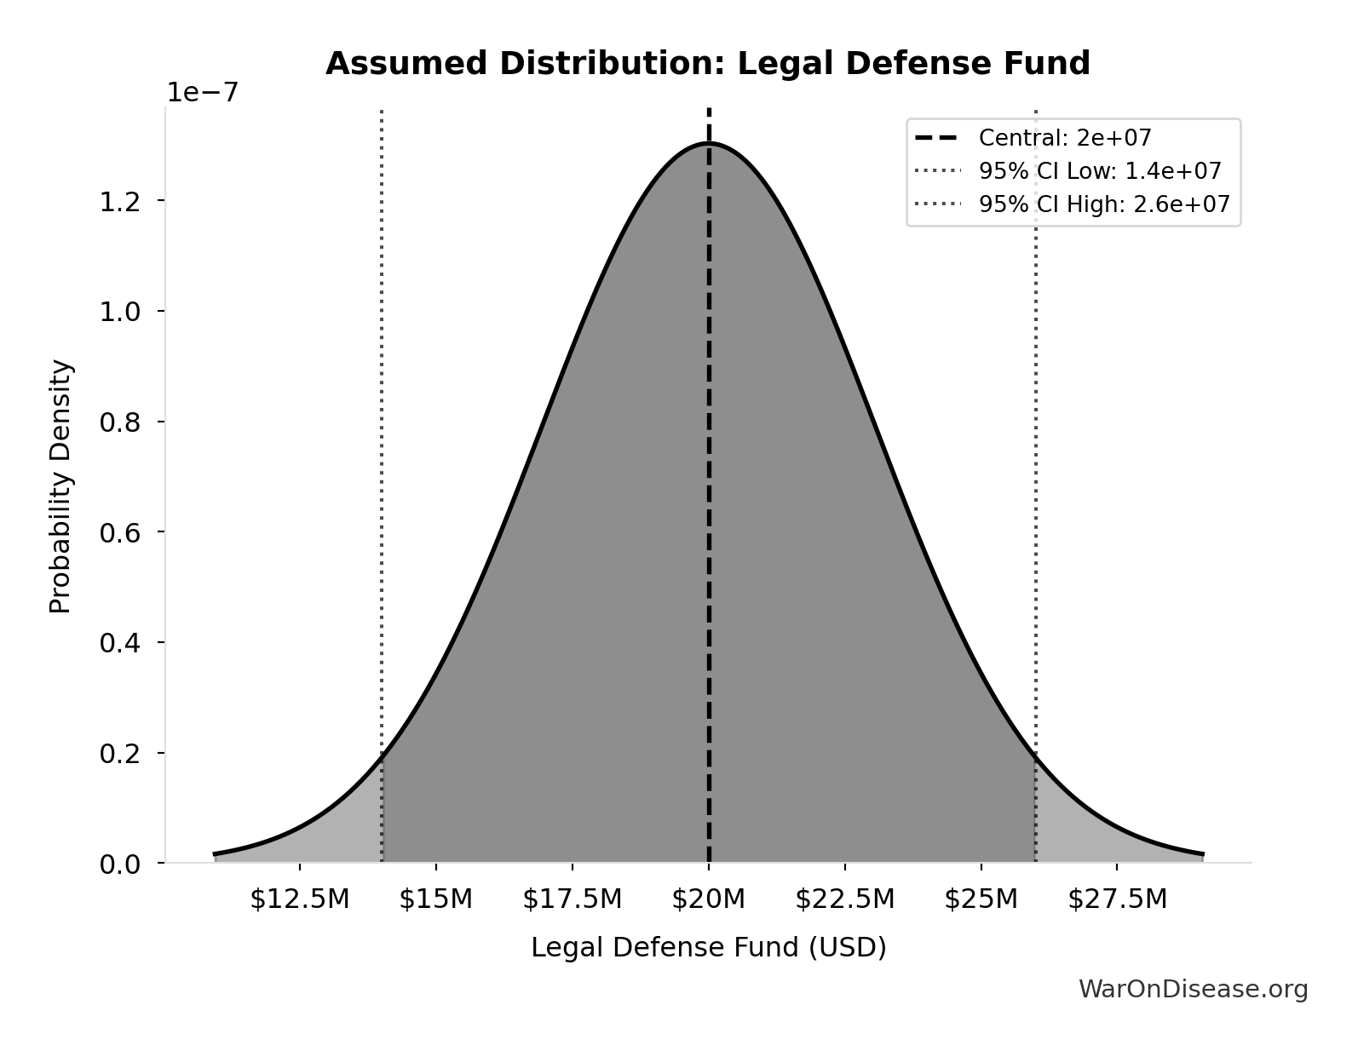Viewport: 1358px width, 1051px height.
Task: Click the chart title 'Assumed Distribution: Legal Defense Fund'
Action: (x=707, y=64)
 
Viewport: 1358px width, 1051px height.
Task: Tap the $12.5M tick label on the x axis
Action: (x=299, y=899)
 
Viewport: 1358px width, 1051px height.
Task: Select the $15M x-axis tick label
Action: (x=435, y=899)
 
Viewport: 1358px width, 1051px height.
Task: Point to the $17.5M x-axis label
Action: (x=572, y=899)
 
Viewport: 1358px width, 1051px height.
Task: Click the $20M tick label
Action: (x=708, y=899)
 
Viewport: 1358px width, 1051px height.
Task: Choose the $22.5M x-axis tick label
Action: (x=844, y=899)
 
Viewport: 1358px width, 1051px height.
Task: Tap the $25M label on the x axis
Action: (x=981, y=899)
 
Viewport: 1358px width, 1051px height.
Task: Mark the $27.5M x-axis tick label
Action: (x=1117, y=899)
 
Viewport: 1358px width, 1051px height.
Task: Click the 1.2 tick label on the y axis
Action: (x=119, y=202)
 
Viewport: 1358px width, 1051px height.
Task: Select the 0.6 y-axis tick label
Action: (x=119, y=533)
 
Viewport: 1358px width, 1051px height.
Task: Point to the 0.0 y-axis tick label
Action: (x=119, y=864)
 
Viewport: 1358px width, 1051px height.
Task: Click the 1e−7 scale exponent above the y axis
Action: (x=202, y=93)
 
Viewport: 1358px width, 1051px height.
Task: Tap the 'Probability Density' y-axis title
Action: (x=60, y=486)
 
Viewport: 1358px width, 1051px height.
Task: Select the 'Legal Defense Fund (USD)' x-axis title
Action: (x=708, y=947)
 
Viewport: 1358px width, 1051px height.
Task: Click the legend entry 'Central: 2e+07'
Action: (x=1065, y=138)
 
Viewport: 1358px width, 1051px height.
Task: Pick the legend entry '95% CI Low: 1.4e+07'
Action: (x=1099, y=171)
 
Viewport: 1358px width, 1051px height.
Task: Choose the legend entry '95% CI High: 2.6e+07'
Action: (x=1103, y=204)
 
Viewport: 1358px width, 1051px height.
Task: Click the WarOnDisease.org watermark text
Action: (x=1193, y=989)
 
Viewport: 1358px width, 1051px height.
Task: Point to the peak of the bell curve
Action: (x=708, y=144)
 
